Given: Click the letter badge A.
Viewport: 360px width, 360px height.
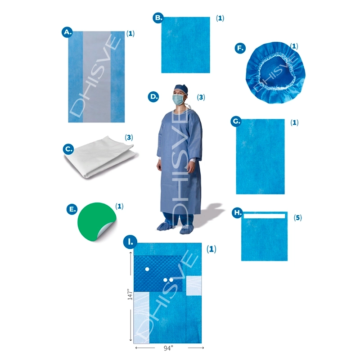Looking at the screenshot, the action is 67,32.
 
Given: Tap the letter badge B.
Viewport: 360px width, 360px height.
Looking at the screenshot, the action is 158,18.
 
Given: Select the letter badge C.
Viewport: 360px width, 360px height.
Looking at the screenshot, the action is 68,149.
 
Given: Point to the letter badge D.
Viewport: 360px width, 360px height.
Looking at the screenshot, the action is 153,97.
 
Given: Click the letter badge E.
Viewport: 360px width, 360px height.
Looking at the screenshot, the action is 72,209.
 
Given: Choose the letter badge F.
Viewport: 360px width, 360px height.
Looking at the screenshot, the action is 240,48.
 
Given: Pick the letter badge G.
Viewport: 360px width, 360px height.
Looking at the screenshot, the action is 236,121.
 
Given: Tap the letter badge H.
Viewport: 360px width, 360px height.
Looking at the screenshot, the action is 238,212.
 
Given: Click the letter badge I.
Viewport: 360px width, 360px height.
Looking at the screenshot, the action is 130,242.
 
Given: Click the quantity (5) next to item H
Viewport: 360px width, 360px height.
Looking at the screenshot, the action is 298,217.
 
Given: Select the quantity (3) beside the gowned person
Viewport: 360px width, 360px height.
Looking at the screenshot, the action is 201,97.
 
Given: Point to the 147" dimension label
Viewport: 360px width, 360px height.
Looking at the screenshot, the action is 130,294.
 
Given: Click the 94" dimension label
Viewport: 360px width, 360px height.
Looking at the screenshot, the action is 168,348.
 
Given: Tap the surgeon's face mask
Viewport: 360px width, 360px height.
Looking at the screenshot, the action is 178,99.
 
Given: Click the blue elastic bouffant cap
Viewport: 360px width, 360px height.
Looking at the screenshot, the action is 275,72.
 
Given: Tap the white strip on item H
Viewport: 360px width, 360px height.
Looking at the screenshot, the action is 264,216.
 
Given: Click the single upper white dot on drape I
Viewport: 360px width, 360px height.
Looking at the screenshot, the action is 147,269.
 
